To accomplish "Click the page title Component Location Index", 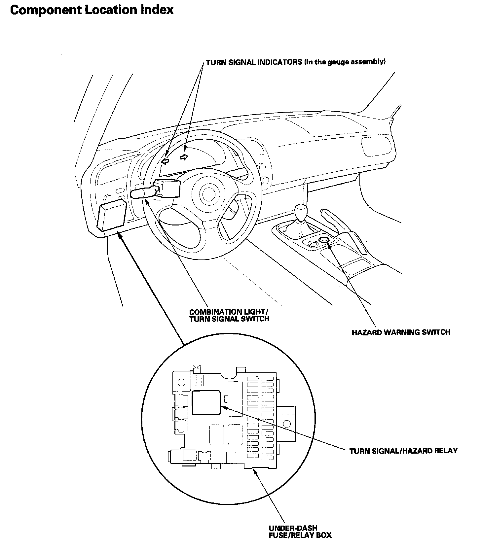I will (92, 10).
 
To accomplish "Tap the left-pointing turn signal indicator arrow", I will (165, 161).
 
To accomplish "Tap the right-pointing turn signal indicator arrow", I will (184, 156).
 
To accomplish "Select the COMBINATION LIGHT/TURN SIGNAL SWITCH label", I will (229, 315).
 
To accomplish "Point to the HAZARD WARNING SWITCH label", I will (401, 332).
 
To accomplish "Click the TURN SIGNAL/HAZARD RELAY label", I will (403, 451).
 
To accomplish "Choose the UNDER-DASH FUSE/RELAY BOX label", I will (300, 532).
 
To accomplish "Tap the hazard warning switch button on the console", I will (324, 239).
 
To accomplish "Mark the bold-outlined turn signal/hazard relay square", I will (206, 402).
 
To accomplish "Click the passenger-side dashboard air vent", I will (373, 147).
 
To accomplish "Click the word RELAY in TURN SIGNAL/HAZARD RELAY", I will (446, 451).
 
